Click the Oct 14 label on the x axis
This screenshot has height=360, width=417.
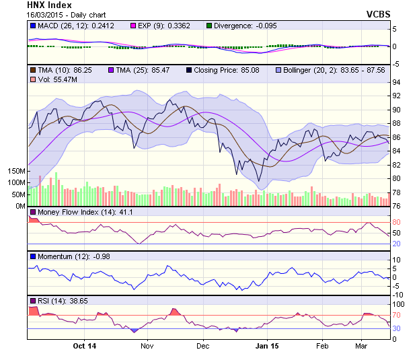tap(85, 346)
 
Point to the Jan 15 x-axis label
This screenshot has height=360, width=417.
tap(267, 346)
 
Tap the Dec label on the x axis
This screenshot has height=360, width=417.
tap(202, 346)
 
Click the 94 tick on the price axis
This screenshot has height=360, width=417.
tap(396, 82)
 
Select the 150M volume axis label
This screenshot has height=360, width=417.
tap(15, 172)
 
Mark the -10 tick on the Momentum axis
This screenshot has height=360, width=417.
tap(398, 295)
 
